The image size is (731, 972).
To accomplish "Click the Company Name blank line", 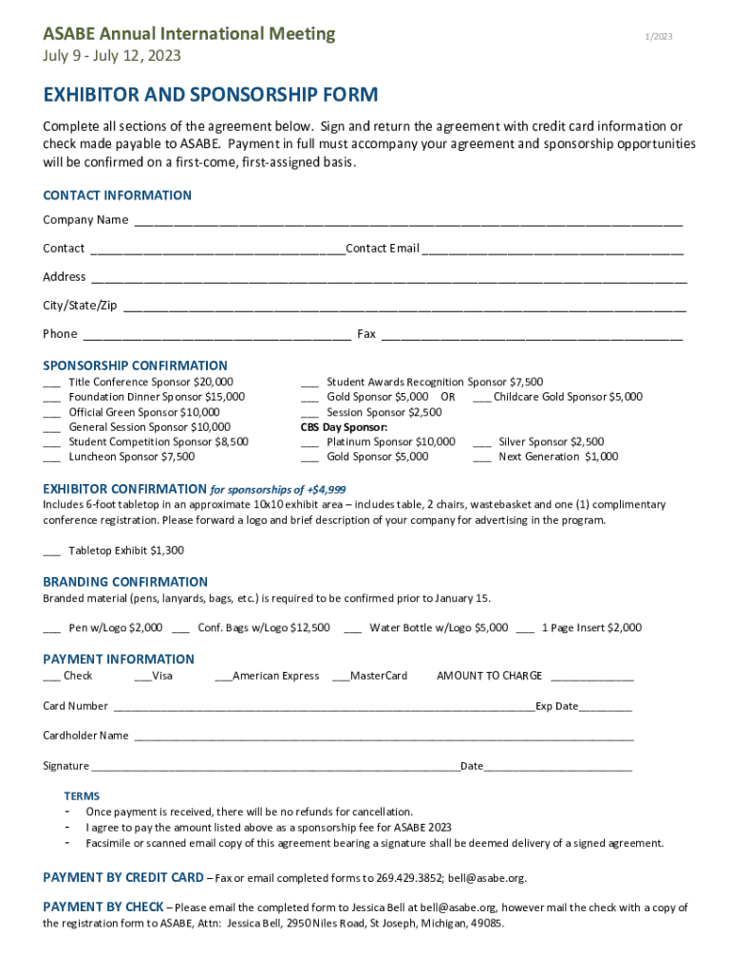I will pos(407,221).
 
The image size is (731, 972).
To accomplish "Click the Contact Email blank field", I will pos(553,250).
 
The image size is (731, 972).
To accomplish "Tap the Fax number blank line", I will pos(532,335).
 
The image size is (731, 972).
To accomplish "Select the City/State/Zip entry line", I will pos(404,307).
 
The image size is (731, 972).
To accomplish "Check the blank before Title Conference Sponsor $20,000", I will pos(52,383).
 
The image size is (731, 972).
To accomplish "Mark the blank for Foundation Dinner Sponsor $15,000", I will pos(52,398).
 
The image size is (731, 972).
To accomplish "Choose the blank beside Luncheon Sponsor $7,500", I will pos(52,458).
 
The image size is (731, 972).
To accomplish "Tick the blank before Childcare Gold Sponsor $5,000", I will pos(480,398).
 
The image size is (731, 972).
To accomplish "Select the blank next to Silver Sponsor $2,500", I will pos(482,442).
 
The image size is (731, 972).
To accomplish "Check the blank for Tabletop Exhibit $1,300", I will pos(52,551).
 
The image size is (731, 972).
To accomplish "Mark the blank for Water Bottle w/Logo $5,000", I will pos(352,628).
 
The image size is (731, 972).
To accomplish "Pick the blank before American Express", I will pos(223,677).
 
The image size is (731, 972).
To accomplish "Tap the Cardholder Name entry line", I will pos(382,737).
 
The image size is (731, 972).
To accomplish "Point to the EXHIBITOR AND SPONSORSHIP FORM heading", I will pos(211,95).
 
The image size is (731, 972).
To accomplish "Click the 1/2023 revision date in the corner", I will pos(659,37).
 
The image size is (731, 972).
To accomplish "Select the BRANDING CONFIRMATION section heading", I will pos(125,582).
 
